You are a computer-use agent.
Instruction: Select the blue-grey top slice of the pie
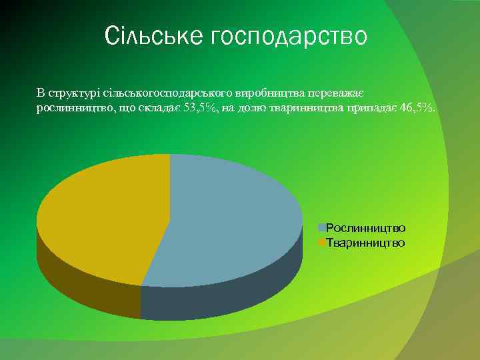(233, 220)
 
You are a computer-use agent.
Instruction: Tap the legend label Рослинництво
(365, 228)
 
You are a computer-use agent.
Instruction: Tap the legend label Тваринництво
(365, 243)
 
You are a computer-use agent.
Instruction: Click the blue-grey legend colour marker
(321, 228)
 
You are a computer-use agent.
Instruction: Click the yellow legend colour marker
(321, 243)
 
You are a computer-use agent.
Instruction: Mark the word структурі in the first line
(69, 93)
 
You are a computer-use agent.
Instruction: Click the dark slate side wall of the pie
(220, 297)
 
